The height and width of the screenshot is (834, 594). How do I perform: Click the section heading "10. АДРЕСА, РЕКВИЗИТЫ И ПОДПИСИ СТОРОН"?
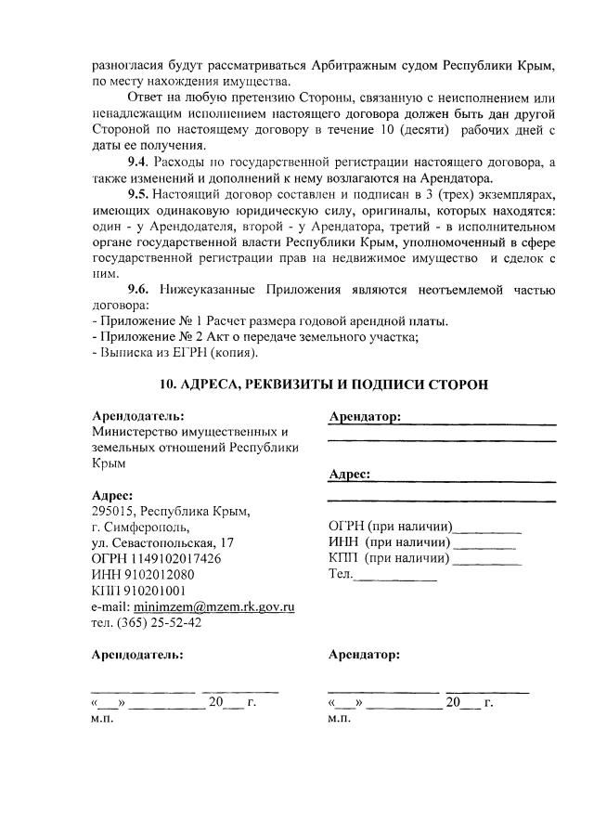[x=323, y=384]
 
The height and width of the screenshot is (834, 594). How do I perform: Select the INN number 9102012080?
[x=171, y=574]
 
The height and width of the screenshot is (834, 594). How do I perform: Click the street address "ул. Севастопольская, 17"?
[x=162, y=542]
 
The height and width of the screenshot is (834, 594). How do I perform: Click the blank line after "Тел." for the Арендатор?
[x=396, y=576]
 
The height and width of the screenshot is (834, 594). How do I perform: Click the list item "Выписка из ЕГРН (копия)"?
[x=177, y=353]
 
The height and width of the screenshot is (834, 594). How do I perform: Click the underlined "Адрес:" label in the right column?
[x=350, y=475]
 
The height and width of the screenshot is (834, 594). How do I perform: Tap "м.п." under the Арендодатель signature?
[x=101, y=719]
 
